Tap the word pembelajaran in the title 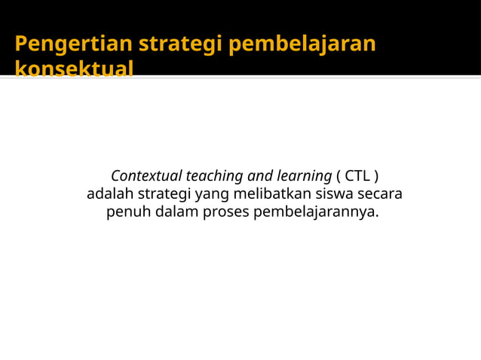pyautogui.click(x=302, y=44)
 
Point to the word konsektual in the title pyautogui.click(x=74, y=69)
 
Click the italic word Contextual pyautogui.click(x=146, y=176)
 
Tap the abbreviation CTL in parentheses pyautogui.click(x=357, y=176)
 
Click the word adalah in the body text pyautogui.click(x=109, y=194)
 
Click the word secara pyautogui.click(x=379, y=194)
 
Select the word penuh pyautogui.click(x=128, y=212)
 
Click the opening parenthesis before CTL pyautogui.click(x=339, y=176)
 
